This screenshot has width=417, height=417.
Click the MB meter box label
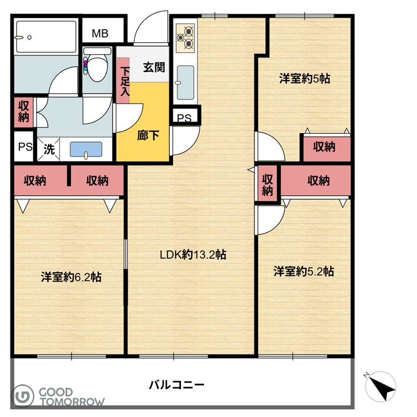click(100, 33)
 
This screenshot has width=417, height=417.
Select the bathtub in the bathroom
click(46, 37)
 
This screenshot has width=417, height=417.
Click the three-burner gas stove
click(186, 38)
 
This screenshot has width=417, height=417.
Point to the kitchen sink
click(186, 82)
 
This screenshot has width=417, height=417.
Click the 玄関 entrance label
click(154, 67)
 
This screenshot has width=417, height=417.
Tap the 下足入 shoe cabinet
click(124, 81)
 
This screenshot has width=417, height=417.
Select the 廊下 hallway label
click(148, 136)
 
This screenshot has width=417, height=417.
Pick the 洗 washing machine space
click(48, 149)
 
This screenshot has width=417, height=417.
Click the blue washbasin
click(86, 150)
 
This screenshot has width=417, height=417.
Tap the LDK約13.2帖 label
click(193, 255)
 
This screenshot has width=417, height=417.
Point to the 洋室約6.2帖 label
click(71, 277)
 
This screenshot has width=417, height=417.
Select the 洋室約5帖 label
click(304, 79)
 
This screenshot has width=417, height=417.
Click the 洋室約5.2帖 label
click(304, 271)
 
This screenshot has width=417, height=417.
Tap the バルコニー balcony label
click(176, 385)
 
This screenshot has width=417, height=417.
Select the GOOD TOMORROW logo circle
click(23, 396)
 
